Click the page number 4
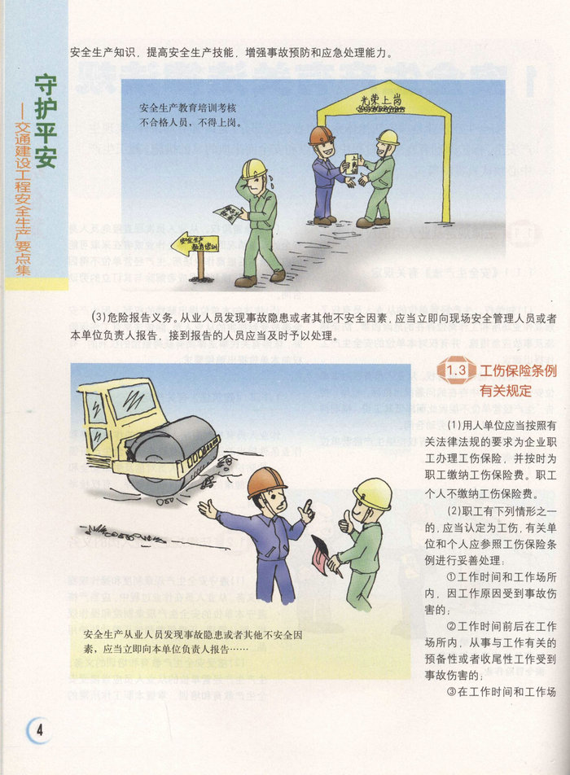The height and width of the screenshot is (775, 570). (39, 730)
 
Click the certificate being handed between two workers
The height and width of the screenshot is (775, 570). (353, 164)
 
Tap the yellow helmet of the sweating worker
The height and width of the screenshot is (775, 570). (254, 169)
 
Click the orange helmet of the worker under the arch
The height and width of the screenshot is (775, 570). (322, 134)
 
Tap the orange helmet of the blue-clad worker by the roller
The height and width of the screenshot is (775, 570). (266, 481)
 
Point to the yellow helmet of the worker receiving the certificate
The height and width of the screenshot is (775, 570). (388, 138)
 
